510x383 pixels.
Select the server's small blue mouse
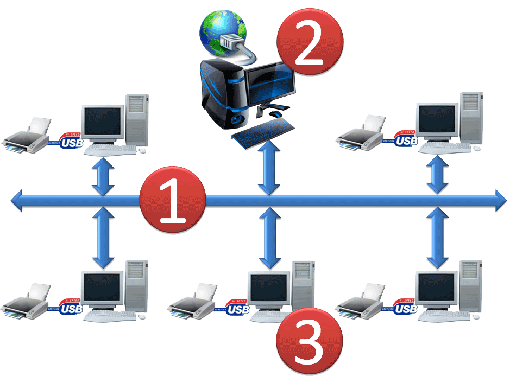tap(276, 114)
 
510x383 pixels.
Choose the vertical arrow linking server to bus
tap(268, 165)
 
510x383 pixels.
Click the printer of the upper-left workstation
tap(27, 136)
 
